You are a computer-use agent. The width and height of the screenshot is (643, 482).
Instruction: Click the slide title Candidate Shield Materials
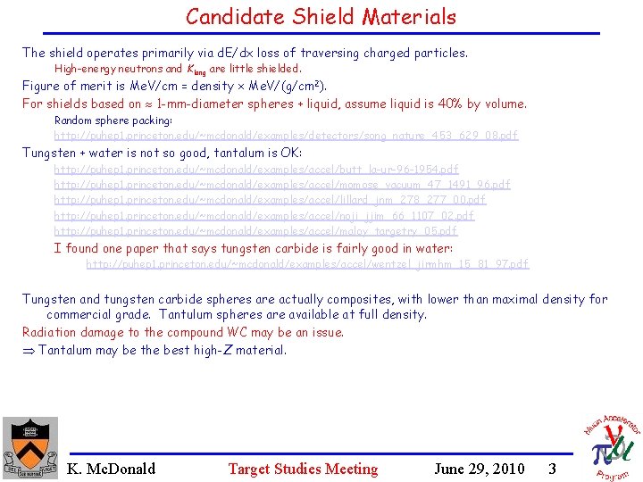pyautogui.click(x=321, y=16)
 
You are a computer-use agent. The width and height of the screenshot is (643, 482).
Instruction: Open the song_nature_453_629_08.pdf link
pyautogui.click(x=286, y=136)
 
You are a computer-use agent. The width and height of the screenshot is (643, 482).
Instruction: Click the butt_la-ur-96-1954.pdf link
pyautogui.click(x=256, y=169)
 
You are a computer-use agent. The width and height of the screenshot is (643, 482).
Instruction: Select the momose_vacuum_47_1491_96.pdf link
pyautogui.click(x=282, y=184)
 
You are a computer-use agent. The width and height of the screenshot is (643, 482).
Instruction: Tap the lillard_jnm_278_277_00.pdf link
pyautogui.click(x=270, y=200)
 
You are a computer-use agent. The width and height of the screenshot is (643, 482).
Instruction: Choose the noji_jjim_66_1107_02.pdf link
pyautogui.click(x=264, y=215)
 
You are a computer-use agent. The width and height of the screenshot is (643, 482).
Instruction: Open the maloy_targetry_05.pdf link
pyautogui.click(x=255, y=231)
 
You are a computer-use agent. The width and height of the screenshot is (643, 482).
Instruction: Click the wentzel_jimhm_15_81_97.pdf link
pyautogui.click(x=307, y=264)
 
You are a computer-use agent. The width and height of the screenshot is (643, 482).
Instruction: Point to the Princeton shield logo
pyautogui.click(x=29, y=446)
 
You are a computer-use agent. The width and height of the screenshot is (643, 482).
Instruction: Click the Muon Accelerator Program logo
pyautogui.click(x=611, y=443)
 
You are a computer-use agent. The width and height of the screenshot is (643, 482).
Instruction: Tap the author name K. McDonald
pyautogui.click(x=111, y=469)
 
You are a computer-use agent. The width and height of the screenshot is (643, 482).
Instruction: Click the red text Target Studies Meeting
pyautogui.click(x=303, y=469)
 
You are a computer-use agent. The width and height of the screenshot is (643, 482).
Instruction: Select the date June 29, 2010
pyautogui.click(x=479, y=469)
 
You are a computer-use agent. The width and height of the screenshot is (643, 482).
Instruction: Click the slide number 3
pyautogui.click(x=553, y=469)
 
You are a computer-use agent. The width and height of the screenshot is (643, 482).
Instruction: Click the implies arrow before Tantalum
pyautogui.click(x=28, y=350)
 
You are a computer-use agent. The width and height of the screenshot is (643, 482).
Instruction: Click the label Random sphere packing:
pyautogui.click(x=113, y=120)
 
